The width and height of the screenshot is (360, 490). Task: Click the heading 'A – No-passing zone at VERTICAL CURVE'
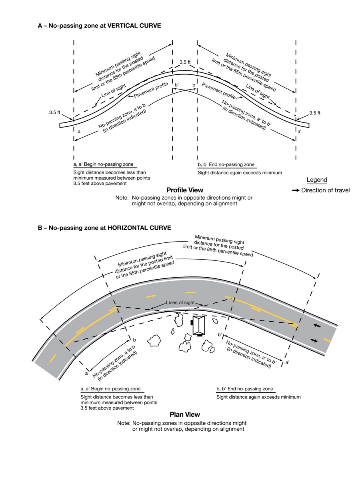tap(99, 26)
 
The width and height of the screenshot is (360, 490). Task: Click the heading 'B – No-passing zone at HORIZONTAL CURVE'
tap(104, 228)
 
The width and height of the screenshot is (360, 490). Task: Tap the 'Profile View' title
tap(185, 190)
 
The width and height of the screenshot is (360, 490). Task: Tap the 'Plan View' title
tap(185, 415)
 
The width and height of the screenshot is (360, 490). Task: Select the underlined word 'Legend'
tap(317, 180)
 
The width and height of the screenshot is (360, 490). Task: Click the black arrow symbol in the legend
tap(296, 190)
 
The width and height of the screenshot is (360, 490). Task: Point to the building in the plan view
tap(199, 325)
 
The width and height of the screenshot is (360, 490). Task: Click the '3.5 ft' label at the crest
tap(185, 62)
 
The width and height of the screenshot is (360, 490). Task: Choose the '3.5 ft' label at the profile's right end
tap(315, 113)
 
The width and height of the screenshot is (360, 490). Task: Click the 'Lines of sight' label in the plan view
tap(180, 303)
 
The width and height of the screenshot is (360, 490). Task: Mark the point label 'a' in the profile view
tap(79, 131)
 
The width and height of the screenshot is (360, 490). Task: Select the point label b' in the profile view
tap(177, 85)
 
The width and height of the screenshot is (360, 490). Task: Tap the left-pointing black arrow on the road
tap(316, 326)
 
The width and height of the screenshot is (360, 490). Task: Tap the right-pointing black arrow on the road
tap(314, 341)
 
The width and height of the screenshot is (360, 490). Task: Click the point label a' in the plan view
tap(288, 362)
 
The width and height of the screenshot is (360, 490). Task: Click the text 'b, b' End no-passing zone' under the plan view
tap(245, 389)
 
